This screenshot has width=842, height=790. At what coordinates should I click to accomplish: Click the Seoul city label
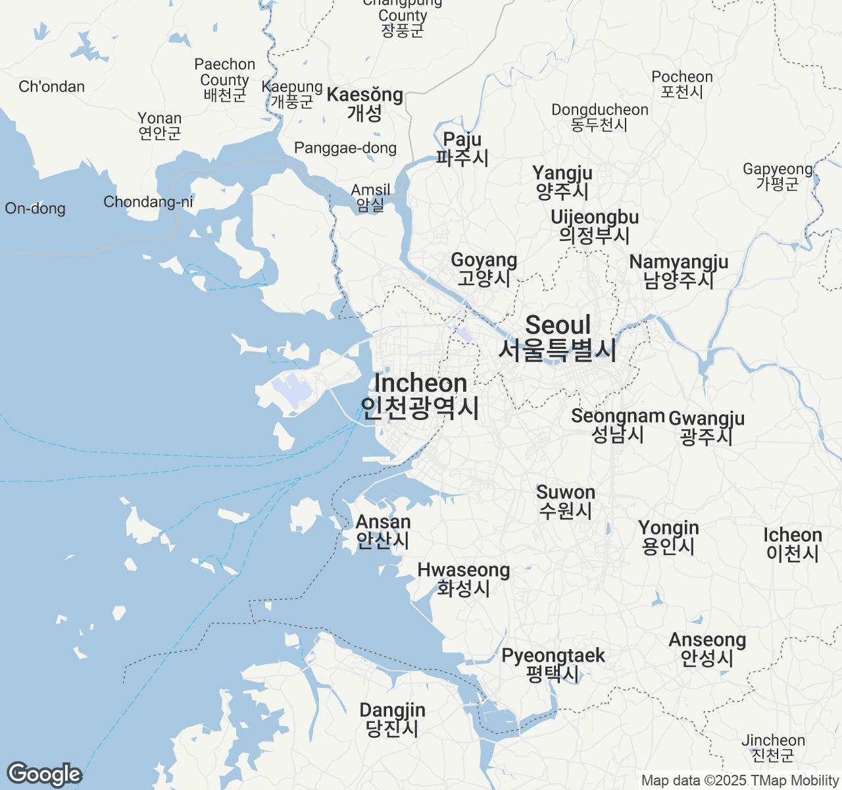click(x=558, y=338)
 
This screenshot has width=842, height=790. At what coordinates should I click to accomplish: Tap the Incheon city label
click(x=420, y=396)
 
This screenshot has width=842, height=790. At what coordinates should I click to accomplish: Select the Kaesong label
click(x=365, y=103)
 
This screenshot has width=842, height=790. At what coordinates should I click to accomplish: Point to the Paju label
click(x=462, y=148)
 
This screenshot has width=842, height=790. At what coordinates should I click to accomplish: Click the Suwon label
click(x=566, y=501)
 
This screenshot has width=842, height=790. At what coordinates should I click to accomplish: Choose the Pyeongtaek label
click(x=553, y=664)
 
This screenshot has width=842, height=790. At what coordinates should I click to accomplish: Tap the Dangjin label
click(x=392, y=719)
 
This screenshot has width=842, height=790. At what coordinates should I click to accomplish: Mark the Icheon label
click(x=793, y=544)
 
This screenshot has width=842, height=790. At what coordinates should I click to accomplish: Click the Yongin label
click(x=668, y=537)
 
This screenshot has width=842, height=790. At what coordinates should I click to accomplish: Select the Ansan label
click(x=383, y=531)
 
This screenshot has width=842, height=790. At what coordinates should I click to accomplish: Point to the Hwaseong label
click(x=464, y=579)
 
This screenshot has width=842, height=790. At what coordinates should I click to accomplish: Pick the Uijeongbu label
click(x=595, y=226)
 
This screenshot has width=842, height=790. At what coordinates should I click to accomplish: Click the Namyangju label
click(x=679, y=271)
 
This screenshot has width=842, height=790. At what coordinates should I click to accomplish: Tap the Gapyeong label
click(x=778, y=176)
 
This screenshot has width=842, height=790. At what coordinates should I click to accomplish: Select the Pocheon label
click(x=682, y=84)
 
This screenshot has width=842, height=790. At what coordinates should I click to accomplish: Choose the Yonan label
click(x=160, y=125)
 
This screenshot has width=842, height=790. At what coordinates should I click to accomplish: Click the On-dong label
click(x=36, y=209)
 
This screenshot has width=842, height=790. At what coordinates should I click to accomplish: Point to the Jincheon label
click(x=773, y=748)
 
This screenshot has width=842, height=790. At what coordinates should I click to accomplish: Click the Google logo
click(x=44, y=774)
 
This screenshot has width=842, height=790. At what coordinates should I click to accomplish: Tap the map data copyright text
click(x=739, y=781)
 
